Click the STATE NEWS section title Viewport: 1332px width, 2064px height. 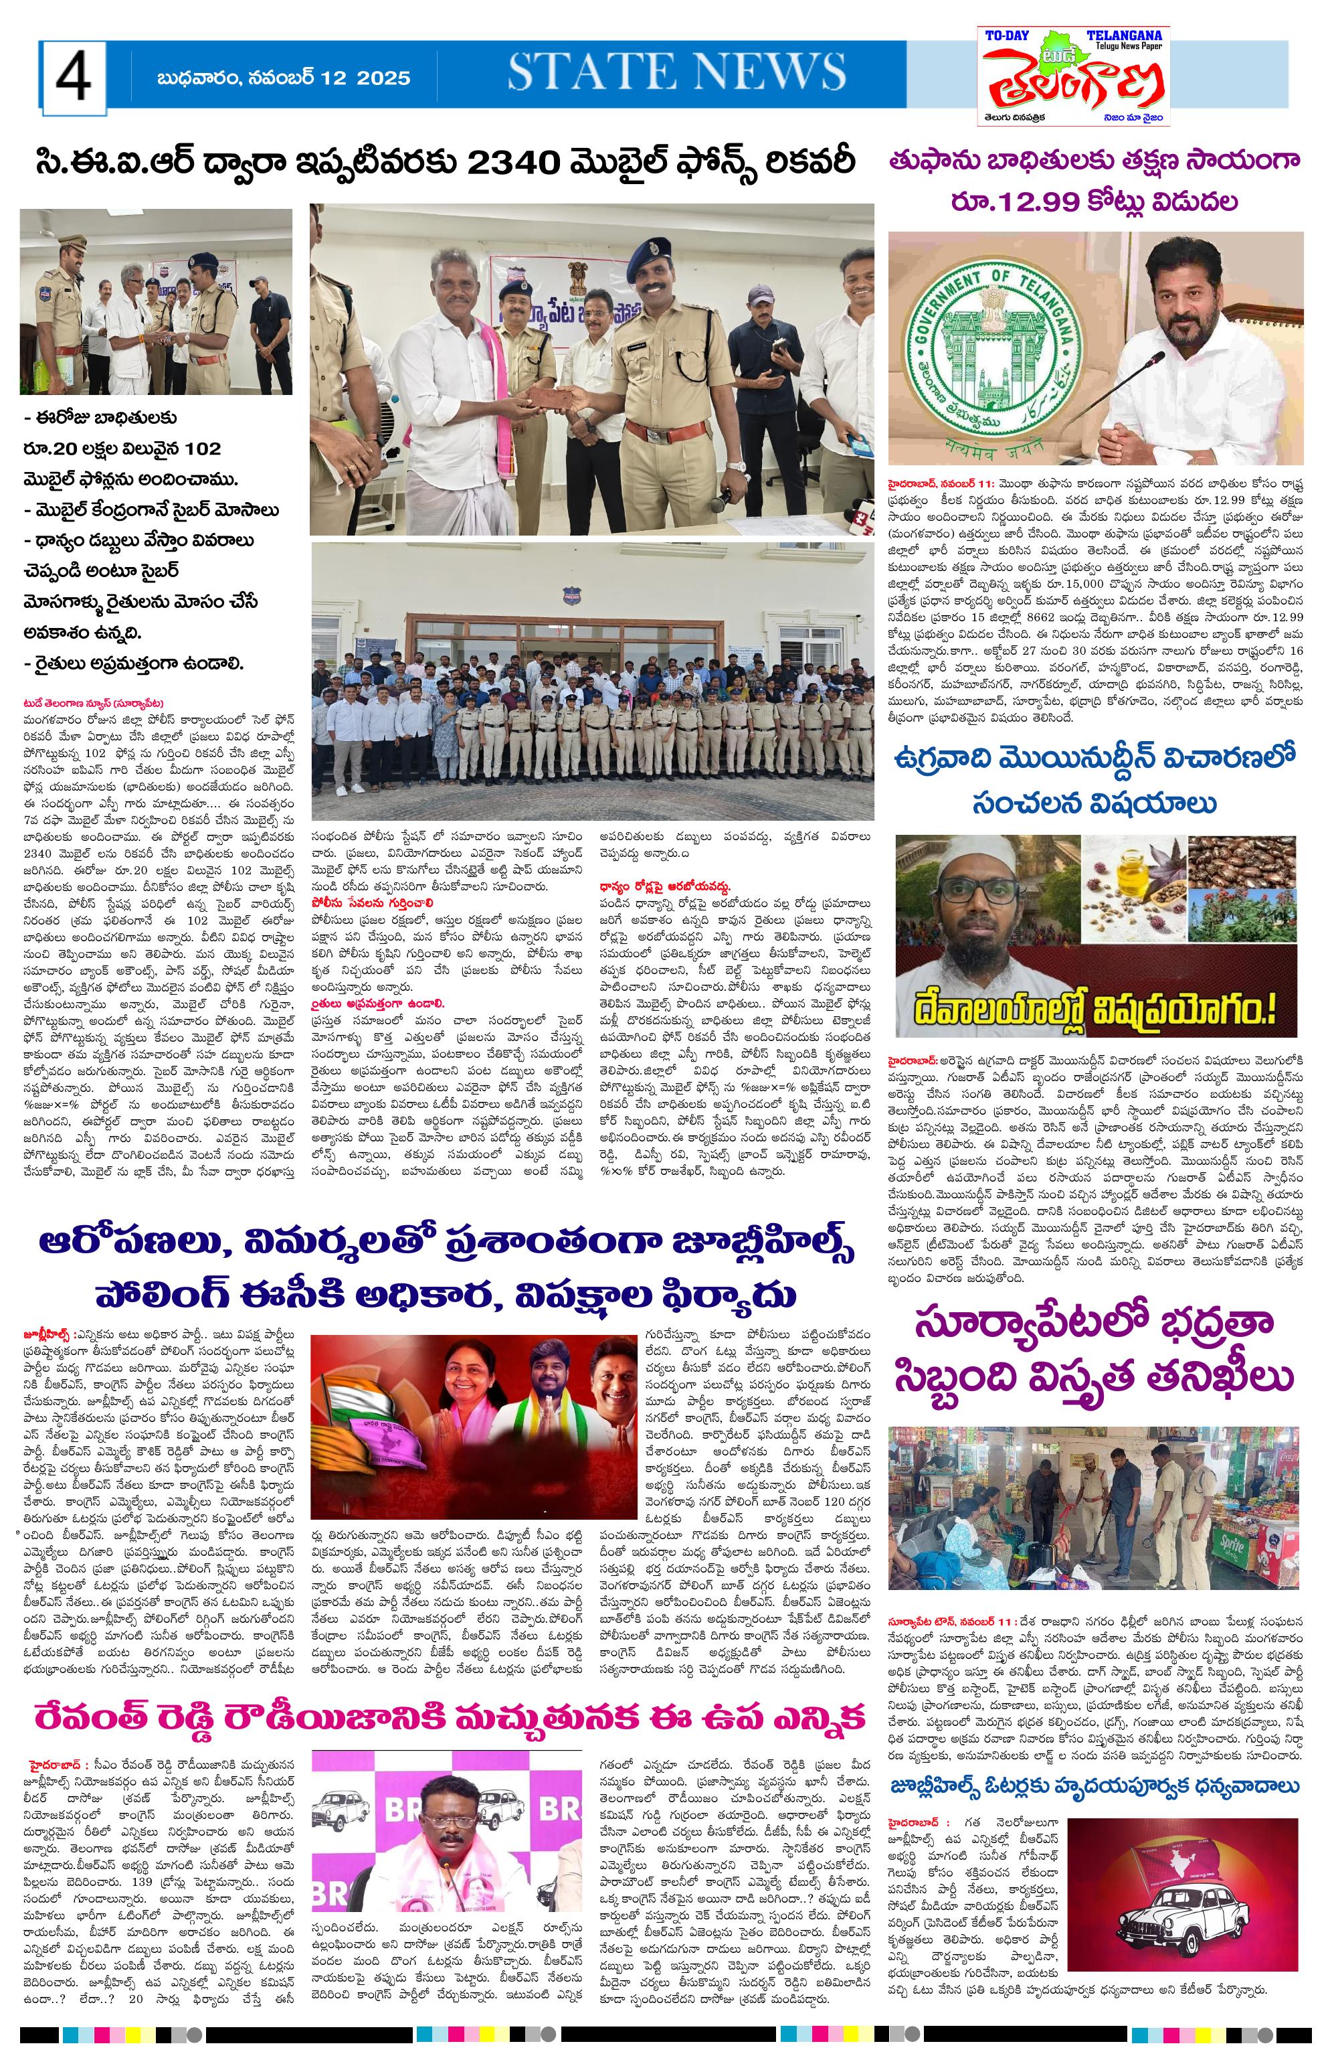pos(676,72)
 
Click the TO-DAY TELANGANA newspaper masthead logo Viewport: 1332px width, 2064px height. pos(1072,76)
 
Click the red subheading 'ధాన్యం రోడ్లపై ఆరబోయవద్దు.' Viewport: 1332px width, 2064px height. pos(667,887)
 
